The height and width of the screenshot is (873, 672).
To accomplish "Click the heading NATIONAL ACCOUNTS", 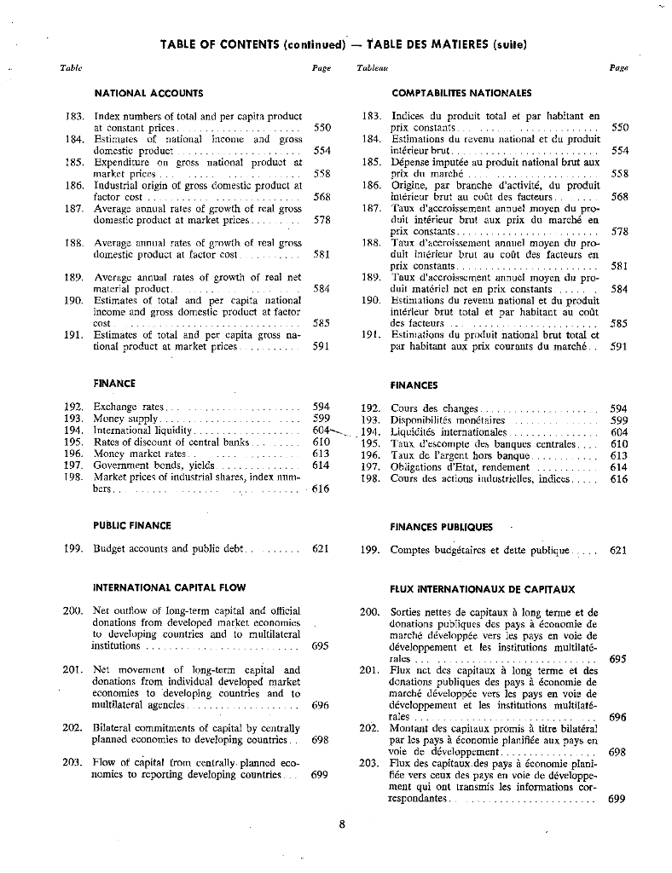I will [148, 92].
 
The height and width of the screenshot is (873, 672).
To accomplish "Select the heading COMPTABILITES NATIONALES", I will [461, 93].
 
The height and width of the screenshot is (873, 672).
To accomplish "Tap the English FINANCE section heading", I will [114, 384].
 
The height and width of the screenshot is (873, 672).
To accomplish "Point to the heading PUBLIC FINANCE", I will [132, 525].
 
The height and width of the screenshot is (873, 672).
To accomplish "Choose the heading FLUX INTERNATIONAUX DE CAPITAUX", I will [482, 589].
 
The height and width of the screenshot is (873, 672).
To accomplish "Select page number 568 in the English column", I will [322, 197].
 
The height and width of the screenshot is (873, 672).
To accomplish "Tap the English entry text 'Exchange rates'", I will [129, 407].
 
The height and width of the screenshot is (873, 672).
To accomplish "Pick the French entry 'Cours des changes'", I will [434, 408].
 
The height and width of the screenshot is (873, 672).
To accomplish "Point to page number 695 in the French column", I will [619, 658].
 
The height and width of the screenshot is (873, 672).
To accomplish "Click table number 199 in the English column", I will [73, 548].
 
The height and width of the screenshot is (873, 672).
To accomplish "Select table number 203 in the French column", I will [369, 764].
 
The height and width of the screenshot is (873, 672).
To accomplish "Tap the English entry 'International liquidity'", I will [143, 431].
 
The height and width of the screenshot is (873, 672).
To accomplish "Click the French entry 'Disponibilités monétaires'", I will [448, 420].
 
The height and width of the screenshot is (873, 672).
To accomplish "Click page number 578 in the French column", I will [620, 231].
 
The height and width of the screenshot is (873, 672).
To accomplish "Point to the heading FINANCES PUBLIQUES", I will [441, 527].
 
